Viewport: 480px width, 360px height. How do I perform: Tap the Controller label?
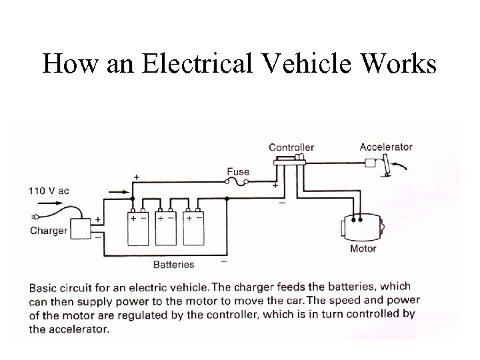point(291,147)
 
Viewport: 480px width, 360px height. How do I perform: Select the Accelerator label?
point(386,147)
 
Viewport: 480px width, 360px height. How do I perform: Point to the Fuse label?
point(238,171)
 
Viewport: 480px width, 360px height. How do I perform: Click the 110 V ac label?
point(48,190)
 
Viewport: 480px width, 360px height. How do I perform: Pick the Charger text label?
point(48,231)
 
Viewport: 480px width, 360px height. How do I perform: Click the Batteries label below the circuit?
point(173,265)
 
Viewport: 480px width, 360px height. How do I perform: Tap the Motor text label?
point(363,249)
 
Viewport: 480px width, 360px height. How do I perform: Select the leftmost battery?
point(140,228)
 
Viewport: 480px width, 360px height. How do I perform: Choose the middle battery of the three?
point(169,228)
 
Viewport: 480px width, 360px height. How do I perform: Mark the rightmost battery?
point(197,228)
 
